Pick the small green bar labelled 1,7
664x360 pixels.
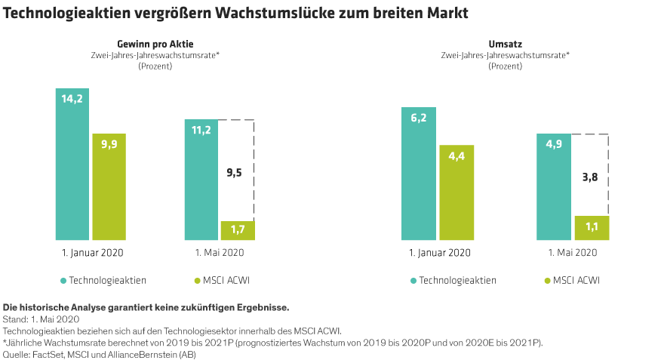(x=237, y=231)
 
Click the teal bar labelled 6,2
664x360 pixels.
(x=418, y=174)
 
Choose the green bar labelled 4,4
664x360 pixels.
(x=456, y=192)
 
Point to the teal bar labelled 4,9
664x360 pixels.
(x=554, y=187)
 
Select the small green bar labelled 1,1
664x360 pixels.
(x=591, y=229)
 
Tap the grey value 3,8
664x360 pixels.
(x=591, y=178)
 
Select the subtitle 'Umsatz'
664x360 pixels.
(x=505, y=45)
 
